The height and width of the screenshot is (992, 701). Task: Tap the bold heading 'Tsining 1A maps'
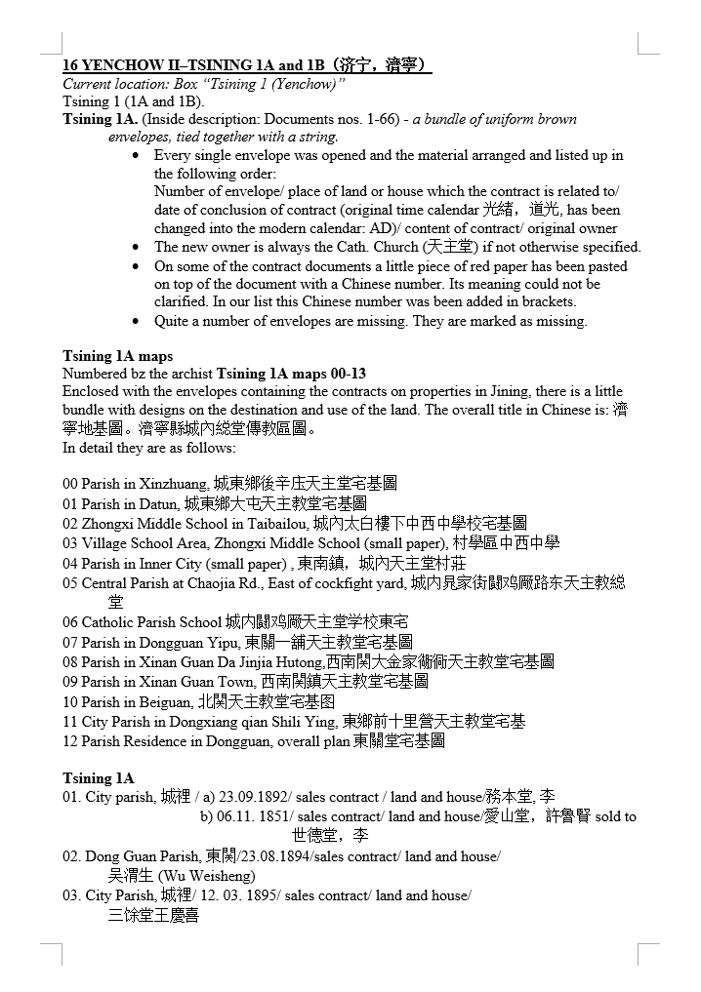pyautogui.click(x=117, y=356)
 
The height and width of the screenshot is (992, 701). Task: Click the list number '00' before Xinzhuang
pyautogui.click(x=70, y=484)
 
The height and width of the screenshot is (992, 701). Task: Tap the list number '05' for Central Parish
pyautogui.click(x=70, y=583)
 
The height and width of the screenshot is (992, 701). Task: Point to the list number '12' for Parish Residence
pyautogui.click(x=70, y=741)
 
